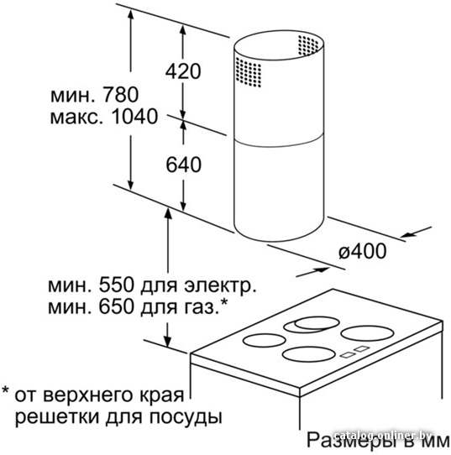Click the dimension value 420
tap(183, 71)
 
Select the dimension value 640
tap(183, 165)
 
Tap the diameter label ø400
tap(363, 251)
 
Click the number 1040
tap(134, 117)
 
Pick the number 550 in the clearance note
tap(116, 285)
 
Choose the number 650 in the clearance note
tap(116, 306)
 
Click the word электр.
tap(220, 286)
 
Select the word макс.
tap(77, 118)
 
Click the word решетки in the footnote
tap(57, 418)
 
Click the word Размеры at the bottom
tap(349, 442)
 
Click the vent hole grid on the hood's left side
tap(249, 72)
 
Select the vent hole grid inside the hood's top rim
tap(308, 45)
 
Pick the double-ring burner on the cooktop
tap(312, 324)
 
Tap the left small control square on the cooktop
tap(348, 355)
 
